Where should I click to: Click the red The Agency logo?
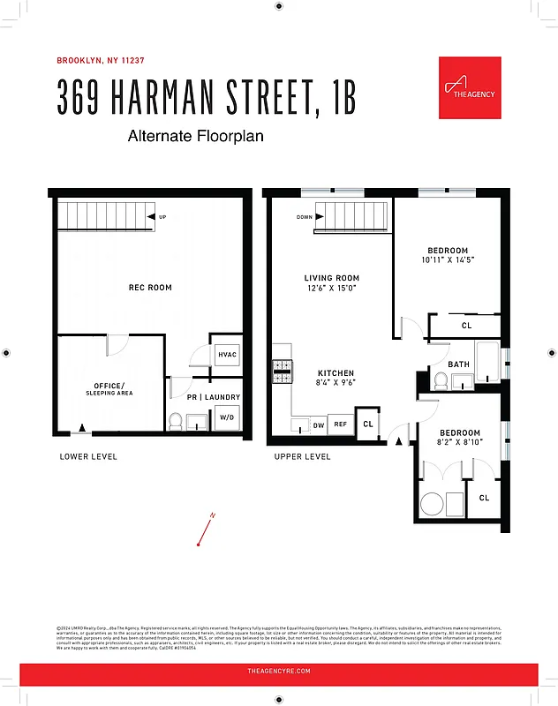[470, 87]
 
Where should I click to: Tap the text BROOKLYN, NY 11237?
[101, 61]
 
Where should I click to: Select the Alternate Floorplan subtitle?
[195, 137]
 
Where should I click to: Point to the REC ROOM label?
[150, 288]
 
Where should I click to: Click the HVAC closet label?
[227, 355]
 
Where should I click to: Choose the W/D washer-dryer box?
[227, 417]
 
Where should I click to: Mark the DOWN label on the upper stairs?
[304, 217]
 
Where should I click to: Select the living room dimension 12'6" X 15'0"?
[332, 289]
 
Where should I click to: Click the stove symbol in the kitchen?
[283, 372]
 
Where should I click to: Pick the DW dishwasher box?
[318, 425]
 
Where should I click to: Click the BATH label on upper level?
[458, 364]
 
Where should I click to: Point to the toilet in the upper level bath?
[441, 380]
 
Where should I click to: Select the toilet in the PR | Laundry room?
[176, 421]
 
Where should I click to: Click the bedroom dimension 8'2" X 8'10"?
[460, 444]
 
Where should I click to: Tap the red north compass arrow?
[207, 529]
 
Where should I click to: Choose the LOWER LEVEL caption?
[88, 456]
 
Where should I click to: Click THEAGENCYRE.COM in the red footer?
[278, 672]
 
